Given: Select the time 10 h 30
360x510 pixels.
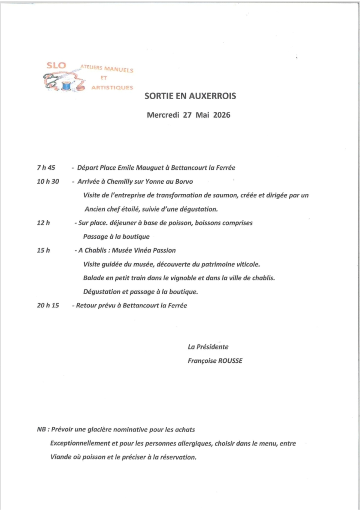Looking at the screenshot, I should tap(48, 181).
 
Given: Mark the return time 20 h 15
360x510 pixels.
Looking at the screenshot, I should tap(48, 306).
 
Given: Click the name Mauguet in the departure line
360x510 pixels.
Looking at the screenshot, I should tap(151, 168).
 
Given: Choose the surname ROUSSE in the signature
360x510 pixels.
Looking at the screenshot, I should tap(230, 360).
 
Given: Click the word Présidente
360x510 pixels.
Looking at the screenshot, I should tap(212, 347).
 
